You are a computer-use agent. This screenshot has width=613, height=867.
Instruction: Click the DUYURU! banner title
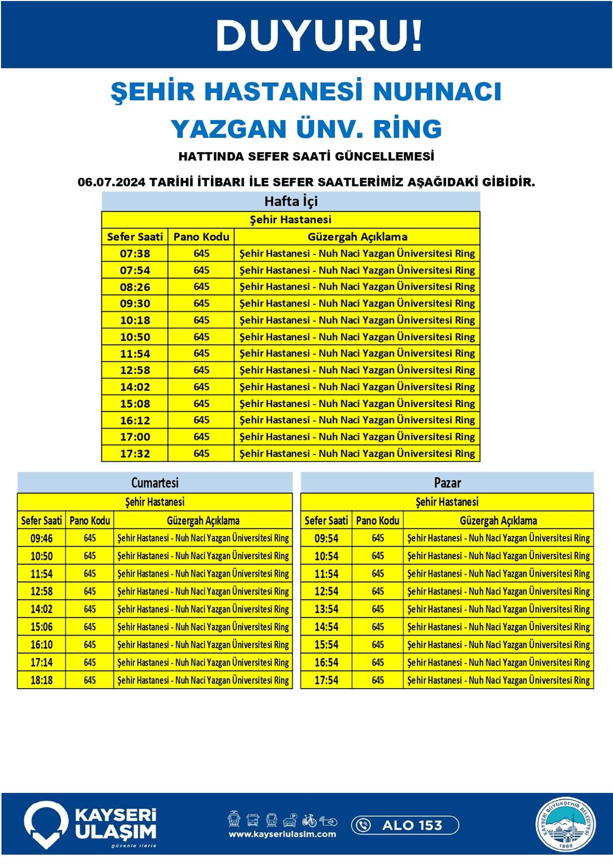coord(319,36)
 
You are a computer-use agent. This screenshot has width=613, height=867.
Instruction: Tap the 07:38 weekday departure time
coord(135,253)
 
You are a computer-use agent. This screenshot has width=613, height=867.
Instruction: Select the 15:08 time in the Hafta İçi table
coord(135,404)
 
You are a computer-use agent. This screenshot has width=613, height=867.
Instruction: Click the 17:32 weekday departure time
coord(135,454)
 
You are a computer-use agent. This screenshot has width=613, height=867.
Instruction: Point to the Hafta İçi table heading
coord(291,201)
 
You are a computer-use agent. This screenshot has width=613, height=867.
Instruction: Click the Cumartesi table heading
coord(155,483)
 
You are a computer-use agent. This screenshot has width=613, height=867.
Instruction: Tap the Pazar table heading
coord(447,483)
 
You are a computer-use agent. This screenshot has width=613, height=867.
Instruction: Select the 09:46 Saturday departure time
coord(41,538)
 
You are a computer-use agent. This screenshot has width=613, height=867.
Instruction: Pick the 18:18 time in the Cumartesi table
coord(41,681)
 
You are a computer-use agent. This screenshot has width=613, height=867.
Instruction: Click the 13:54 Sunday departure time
coord(326,610)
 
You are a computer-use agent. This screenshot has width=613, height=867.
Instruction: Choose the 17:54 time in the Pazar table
coord(326,681)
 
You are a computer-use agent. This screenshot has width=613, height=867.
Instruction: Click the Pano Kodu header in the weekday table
coord(201,237)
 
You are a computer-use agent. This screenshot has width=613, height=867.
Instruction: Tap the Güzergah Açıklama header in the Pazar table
coord(498,521)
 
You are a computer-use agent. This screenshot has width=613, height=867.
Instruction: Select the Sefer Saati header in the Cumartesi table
coord(41,521)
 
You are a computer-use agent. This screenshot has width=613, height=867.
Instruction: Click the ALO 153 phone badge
coord(405,825)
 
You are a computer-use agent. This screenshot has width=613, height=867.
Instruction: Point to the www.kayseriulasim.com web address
coord(282,834)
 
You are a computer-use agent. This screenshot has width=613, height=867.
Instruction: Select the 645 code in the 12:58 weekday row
coord(201,370)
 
